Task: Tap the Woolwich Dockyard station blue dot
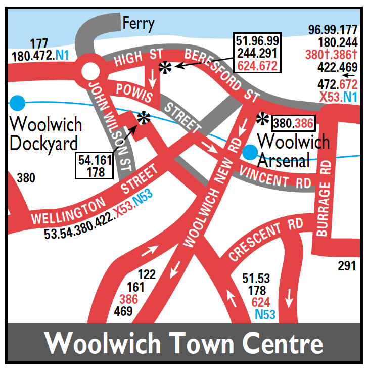tap(17, 103)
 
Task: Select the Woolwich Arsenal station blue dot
tap(249, 151)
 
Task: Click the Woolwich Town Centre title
tap(183, 344)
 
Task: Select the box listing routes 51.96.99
tap(257, 53)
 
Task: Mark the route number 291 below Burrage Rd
tap(347, 266)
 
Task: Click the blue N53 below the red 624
tap(265, 315)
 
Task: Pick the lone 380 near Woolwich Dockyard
tap(26, 178)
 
